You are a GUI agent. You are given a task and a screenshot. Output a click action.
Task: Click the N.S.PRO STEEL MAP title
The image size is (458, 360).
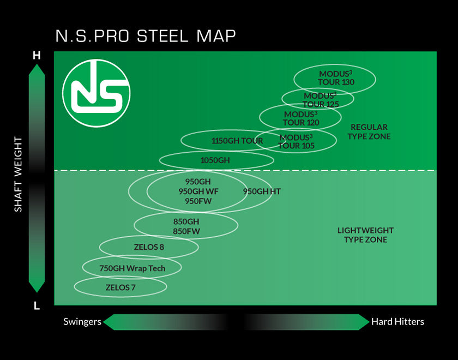click(x=146, y=36)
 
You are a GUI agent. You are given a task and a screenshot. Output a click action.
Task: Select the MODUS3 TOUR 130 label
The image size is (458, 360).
click(x=336, y=78)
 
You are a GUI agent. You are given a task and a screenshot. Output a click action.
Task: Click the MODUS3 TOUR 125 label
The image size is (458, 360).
click(x=321, y=100)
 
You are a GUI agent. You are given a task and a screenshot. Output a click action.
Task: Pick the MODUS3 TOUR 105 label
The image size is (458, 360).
click(x=296, y=141)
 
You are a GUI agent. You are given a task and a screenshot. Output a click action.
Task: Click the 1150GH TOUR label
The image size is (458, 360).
click(x=237, y=141)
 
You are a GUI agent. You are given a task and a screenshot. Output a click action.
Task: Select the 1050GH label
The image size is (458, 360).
click(x=215, y=160)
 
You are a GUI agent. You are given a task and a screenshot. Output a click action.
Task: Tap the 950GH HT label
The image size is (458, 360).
click(x=262, y=191)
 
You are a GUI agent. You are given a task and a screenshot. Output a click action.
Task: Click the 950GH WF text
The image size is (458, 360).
click(x=198, y=191)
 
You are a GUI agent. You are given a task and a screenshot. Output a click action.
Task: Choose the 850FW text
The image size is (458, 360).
click(x=186, y=231)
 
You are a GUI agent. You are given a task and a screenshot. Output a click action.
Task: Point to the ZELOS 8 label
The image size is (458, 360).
click(x=149, y=247)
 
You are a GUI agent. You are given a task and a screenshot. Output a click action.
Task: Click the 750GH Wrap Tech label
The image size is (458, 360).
click(x=132, y=268)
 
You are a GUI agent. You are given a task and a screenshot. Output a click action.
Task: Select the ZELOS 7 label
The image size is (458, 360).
click(x=120, y=287)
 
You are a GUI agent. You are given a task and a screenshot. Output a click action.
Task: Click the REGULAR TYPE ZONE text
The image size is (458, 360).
click(x=369, y=131)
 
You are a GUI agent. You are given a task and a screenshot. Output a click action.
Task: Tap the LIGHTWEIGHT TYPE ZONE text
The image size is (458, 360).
click(x=365, y=235)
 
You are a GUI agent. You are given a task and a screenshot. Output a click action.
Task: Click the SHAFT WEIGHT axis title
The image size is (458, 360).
click(x=19, y=174)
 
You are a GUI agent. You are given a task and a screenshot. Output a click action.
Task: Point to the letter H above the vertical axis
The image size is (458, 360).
click(x=37, y=55)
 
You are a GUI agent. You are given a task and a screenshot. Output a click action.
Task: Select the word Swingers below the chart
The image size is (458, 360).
click(x=82, y=322)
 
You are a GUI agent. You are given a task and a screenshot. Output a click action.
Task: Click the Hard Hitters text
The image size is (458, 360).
click(x=397, y=322)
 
